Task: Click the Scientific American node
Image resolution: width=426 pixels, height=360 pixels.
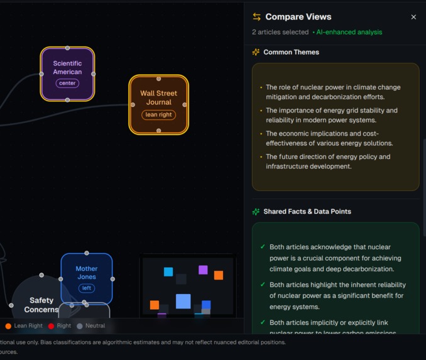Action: coord(67,68)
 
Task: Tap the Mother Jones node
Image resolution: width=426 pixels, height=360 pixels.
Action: coord(87,273)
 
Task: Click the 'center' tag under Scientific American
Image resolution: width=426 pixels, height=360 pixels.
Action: coord(67,83)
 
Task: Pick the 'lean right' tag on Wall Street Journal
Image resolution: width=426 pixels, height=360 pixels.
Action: coord(158,114)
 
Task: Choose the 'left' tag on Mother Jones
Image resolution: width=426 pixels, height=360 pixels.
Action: coord(87,288)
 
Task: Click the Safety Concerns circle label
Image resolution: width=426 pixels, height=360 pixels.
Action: coord(41,305)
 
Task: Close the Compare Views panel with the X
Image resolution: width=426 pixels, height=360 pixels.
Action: coord(413,17)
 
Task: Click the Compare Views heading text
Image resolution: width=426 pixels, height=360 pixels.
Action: coord(298,17)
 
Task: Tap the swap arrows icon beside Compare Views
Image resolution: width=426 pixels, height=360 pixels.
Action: coord(256,17)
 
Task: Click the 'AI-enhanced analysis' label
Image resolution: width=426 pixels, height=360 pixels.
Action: coord(349,32)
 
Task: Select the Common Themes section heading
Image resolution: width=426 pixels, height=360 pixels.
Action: coord(291,52)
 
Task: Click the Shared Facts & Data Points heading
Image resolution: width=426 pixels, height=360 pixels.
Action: coord(307,212)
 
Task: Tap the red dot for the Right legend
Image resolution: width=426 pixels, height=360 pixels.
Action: coord(52,326)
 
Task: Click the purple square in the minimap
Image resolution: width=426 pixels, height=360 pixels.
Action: coord(203,270)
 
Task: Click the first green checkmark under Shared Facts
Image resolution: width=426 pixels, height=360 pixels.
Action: coord(263,247)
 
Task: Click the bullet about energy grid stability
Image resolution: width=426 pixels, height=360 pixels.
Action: coord(331,115)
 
